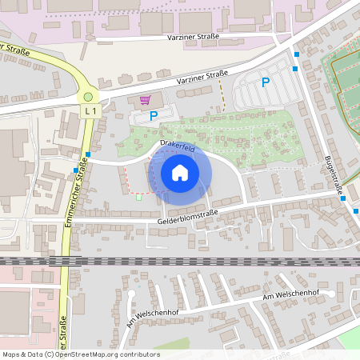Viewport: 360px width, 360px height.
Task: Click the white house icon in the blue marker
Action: point(180,172)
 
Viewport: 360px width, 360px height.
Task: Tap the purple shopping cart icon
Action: point(145,100)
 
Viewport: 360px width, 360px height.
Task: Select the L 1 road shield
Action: point(90,110)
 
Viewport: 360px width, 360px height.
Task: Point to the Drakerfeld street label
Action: point(177,145)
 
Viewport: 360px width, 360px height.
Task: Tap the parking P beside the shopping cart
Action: point(154,116)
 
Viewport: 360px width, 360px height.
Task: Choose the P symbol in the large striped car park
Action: point(266,82)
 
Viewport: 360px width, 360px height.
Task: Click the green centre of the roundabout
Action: point(88,97)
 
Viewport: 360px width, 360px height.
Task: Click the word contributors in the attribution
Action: point(138,354)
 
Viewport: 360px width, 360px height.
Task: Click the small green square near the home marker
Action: point(139,196)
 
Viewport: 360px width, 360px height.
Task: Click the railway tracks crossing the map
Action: point(180,261)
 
